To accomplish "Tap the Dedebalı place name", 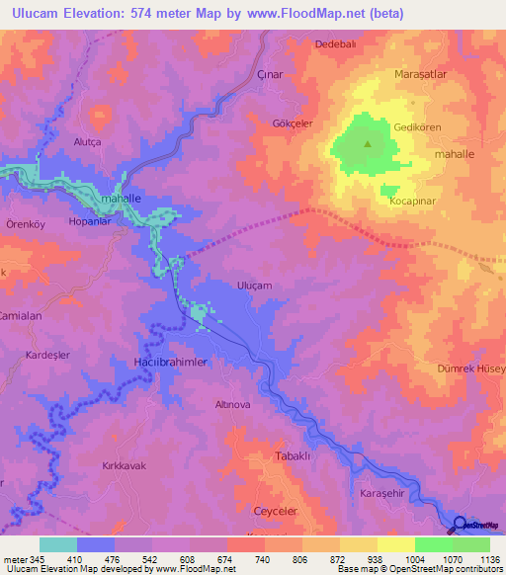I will coord(334,44).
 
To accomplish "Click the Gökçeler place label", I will coord(293,123).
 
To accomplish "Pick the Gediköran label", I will coord(421,129).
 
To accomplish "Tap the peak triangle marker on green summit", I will coord(369,143).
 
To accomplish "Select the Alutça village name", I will coord(88,142).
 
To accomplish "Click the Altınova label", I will coord(234,405).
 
